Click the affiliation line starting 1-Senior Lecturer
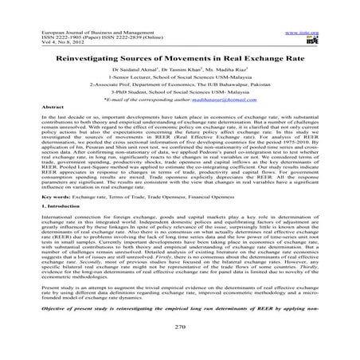tap(180, 60)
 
